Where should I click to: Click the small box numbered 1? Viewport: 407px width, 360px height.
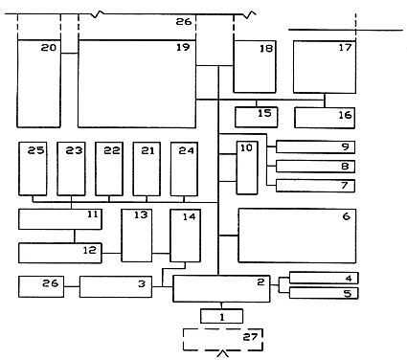tap(222, 316)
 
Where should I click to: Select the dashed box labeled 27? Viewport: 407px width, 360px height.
tap(223, 340)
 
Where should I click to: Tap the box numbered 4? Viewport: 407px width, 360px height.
tap(324, 278)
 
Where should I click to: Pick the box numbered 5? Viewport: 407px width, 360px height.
tap(324, 293)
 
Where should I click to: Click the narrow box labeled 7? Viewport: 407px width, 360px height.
tap(315, 186)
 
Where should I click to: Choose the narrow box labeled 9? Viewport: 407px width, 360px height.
tap(315, 147)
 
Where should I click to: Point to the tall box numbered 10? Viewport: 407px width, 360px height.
tap(247, 168)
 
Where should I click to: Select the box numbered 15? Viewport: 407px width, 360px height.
tap(257, 117)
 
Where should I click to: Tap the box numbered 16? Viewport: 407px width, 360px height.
tap(325, 118)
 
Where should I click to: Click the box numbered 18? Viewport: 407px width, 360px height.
tap(255, 67)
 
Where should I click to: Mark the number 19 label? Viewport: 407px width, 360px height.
tap(183, 47)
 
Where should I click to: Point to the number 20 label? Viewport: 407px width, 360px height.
tap(49, 48)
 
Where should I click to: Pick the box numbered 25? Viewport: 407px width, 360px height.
tap(33, 169)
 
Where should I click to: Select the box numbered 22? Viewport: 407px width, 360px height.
tap(109, 169)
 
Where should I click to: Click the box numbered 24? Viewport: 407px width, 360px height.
tap(184, 169)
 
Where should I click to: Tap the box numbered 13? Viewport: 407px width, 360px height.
tap(137, 236)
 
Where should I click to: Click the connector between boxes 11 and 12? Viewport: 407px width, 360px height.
tap(75, 236)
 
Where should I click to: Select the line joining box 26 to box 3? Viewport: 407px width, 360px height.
tap(72, 286)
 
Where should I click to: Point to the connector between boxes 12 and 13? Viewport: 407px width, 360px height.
tap(111, 253)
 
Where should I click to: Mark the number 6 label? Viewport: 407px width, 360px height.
tap(347, 216)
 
